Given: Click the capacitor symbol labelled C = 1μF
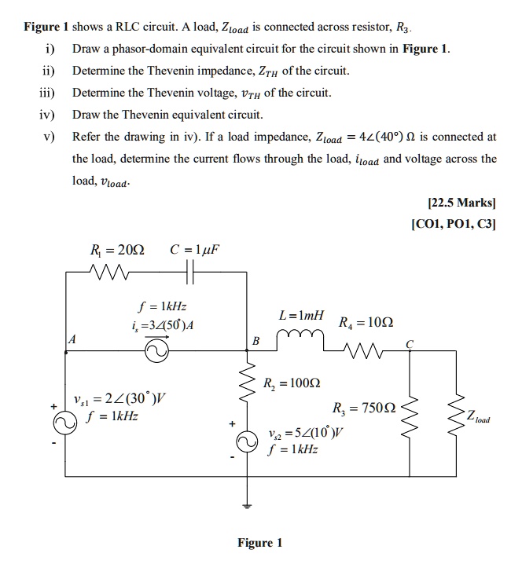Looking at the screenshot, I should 190,275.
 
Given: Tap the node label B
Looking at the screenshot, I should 254,341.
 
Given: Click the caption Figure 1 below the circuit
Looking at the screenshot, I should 259,543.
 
